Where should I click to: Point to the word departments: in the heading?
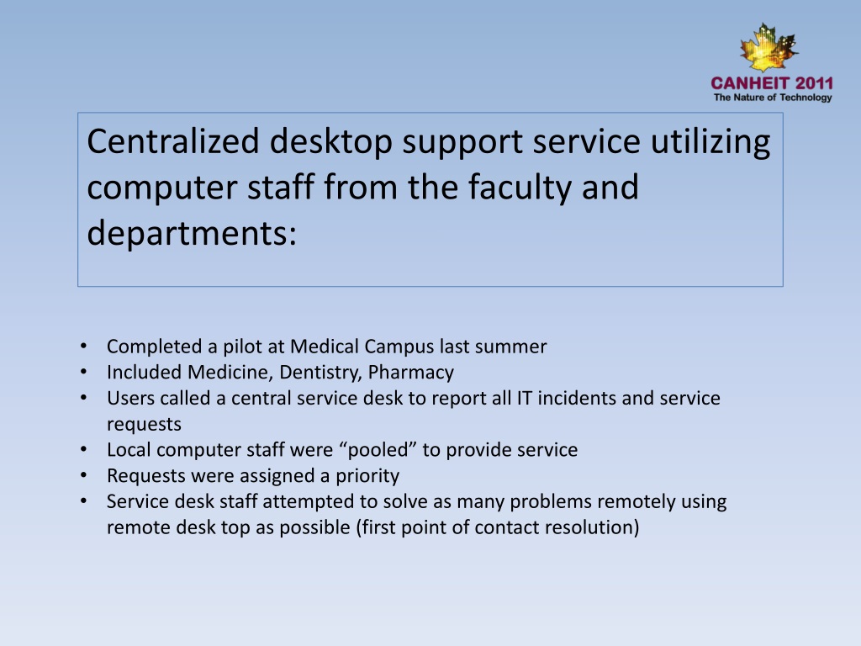pyautogui.click(x=192, y=232)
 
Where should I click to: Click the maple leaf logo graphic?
pyautogui.click(x=769, y=49)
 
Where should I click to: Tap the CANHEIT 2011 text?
pyautogui.click(x=772, y=83)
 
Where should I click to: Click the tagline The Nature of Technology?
pyautogui.click(x=773, y=98)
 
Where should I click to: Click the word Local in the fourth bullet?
pyautogui.click(x=127, y=450)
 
